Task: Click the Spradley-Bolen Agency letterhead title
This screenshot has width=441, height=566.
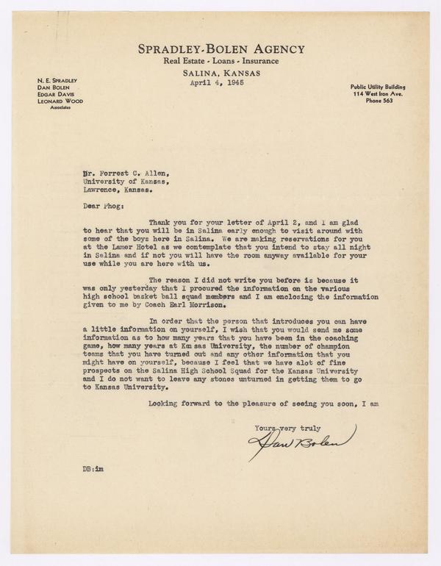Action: (x=220, y=49)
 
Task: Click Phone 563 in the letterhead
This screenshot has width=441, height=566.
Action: (x=379, y=101)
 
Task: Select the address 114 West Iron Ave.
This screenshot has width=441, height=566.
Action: (x=379, y=93)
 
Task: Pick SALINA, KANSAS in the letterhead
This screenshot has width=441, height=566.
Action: (x=220, y=74)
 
